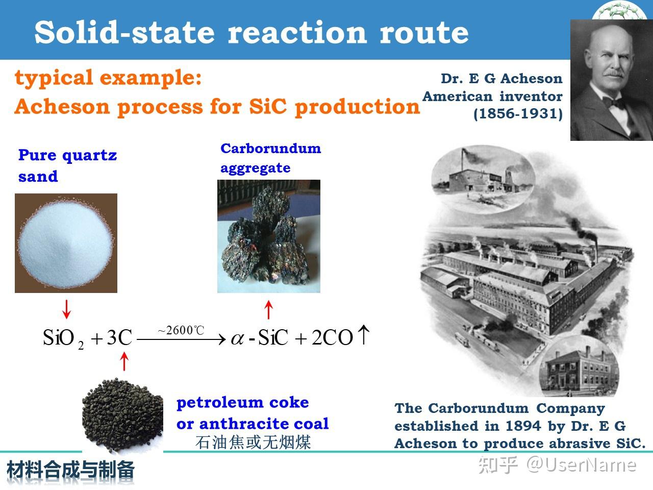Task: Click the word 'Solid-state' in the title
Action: pos(124,32)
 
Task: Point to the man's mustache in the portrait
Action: pos(613,73)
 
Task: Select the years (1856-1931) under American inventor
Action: pos(518,114)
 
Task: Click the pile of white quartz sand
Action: pos(65,244)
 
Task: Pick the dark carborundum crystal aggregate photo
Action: pos(269,236)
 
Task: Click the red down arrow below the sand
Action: pos(67,309)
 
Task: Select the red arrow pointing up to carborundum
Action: pos(269,309)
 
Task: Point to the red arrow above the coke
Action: pos(124,361)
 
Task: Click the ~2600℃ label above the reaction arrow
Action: pos(181,330)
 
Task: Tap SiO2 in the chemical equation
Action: pos(63,338)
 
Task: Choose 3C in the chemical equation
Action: pos(119,337)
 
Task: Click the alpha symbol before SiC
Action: pos(237,338)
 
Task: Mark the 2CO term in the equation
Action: pos(332,337)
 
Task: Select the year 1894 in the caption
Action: pos(523,426)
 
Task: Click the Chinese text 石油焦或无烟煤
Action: pos(253,442)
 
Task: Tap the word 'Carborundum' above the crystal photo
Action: pos(271,149)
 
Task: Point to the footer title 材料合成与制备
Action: pos(70,470)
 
